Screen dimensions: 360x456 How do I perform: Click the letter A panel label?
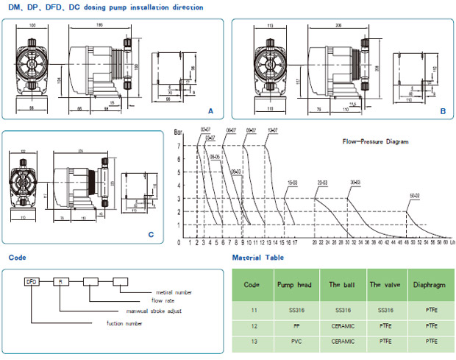[x=210, y=111]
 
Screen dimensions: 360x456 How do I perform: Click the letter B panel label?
[x=443, y=111]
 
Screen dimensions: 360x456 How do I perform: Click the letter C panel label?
[x=150, y=236]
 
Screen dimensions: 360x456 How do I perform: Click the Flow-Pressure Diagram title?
[x=376, y=141]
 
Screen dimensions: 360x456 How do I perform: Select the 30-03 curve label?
[x=356, y=182]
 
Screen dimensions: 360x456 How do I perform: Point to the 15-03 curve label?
[x=293, y=181]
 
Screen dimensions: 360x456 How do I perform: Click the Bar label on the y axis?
[x=178, y=133]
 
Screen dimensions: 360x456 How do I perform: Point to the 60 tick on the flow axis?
[x=444, y=241]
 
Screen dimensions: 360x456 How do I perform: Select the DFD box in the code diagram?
[x=32, y=281]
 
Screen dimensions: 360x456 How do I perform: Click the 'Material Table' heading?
[x=257, y=258]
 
